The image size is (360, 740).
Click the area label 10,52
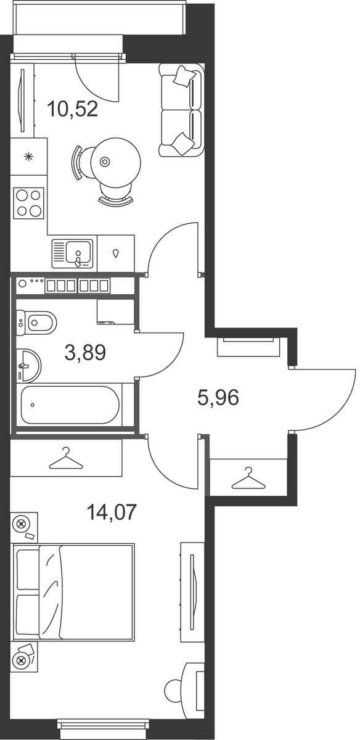(73, 109)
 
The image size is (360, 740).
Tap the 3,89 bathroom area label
(86, 352)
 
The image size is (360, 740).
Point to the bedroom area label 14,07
(112, 512)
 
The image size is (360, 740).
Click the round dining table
(117, 162)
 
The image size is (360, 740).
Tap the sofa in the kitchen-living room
(181, 110)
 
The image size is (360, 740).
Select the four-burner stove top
(28, 203)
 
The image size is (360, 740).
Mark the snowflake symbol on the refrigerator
(29, 157)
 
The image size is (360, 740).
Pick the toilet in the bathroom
(36, 323)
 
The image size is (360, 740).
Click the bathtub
(70, 405)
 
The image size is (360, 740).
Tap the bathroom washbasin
(28, 365)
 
